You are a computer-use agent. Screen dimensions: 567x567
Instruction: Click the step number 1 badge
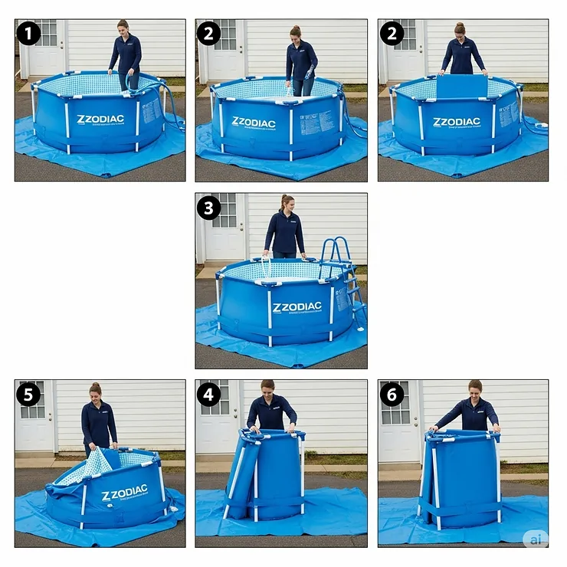pos(28,33)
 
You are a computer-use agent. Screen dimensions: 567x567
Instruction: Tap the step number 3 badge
pos(208,208)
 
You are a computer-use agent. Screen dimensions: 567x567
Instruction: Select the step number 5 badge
pos(28,394)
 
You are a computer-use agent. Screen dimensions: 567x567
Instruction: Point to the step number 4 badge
pos(208,394)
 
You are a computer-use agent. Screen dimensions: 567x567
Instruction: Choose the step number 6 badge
pos(392,394)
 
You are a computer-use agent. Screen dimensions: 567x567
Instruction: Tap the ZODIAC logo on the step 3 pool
pos(297,307)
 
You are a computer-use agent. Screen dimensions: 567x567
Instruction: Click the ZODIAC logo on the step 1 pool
pos(100,120)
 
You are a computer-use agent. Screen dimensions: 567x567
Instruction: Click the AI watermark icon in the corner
pos(536,539)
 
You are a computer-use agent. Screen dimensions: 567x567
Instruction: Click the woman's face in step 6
pos(475,388)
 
